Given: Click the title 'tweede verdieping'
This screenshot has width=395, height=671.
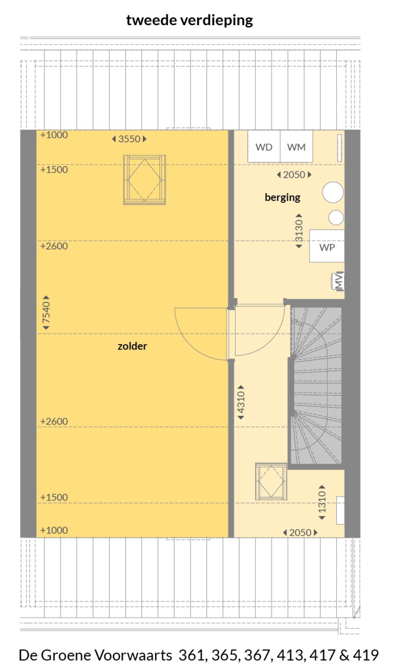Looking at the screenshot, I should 190,21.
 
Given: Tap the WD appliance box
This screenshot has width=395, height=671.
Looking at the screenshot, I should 264,147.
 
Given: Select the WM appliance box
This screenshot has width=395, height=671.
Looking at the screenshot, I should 296,147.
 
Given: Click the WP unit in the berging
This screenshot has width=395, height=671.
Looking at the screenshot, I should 327,247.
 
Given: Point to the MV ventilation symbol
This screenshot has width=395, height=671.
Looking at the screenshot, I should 338,281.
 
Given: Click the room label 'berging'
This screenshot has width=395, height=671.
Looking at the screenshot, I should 282,197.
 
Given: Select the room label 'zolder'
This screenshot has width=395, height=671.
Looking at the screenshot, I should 132,346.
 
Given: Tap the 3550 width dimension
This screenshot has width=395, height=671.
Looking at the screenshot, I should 129,139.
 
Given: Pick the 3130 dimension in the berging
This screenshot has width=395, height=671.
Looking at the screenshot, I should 299,233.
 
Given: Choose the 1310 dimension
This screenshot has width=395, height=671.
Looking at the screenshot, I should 322,502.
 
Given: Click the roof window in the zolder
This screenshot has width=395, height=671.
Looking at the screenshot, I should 144,180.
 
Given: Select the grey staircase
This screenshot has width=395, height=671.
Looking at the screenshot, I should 316,385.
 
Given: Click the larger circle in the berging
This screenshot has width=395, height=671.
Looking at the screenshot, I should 333,193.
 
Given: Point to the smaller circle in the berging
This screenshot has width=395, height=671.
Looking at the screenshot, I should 336,217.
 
